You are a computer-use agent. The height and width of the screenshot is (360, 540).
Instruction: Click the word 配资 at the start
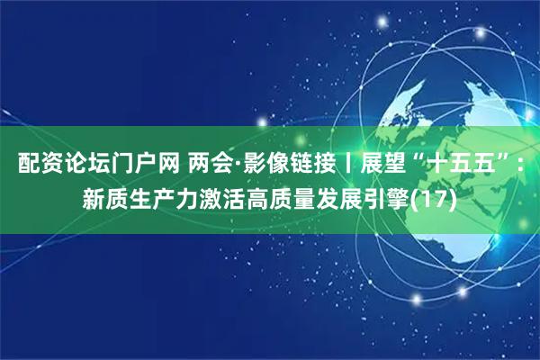39,165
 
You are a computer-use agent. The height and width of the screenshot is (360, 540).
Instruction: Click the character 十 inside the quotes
441,165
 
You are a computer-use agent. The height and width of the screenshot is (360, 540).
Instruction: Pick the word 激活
229,195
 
